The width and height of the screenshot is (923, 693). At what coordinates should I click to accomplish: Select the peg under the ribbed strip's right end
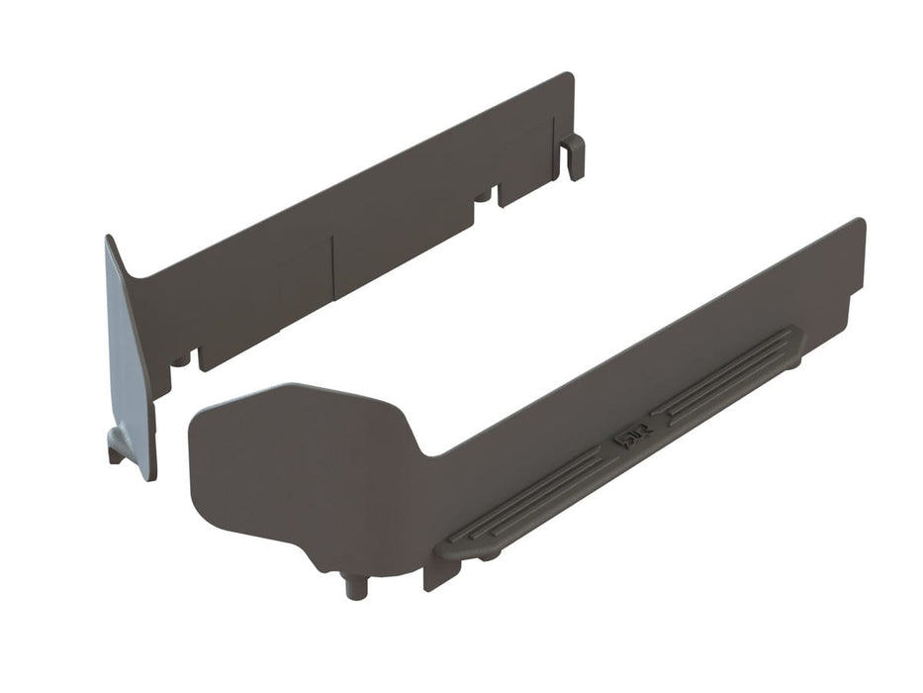coord(794,362)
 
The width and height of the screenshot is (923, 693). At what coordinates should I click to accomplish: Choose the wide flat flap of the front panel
coord(297,465)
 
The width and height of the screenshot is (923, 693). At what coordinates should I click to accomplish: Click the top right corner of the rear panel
coord(568,75)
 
